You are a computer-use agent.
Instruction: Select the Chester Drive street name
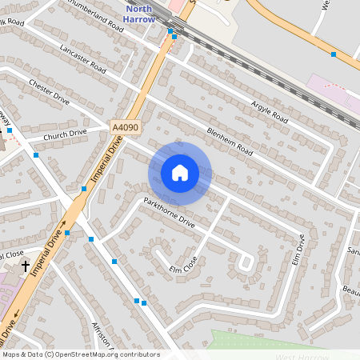click(x=49, y=91)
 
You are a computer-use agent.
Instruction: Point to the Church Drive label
click(x=65, y=134)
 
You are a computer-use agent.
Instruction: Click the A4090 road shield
click(x=124, y=127)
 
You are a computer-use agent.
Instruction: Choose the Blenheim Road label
click(x=230, y=141)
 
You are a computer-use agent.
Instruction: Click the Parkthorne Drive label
click(x=169, y=211)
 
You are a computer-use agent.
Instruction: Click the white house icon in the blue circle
click(x=180, y=173)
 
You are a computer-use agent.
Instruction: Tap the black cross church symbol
click(x=26, y=265)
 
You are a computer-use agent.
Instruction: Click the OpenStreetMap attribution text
click(x=80, y=354)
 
